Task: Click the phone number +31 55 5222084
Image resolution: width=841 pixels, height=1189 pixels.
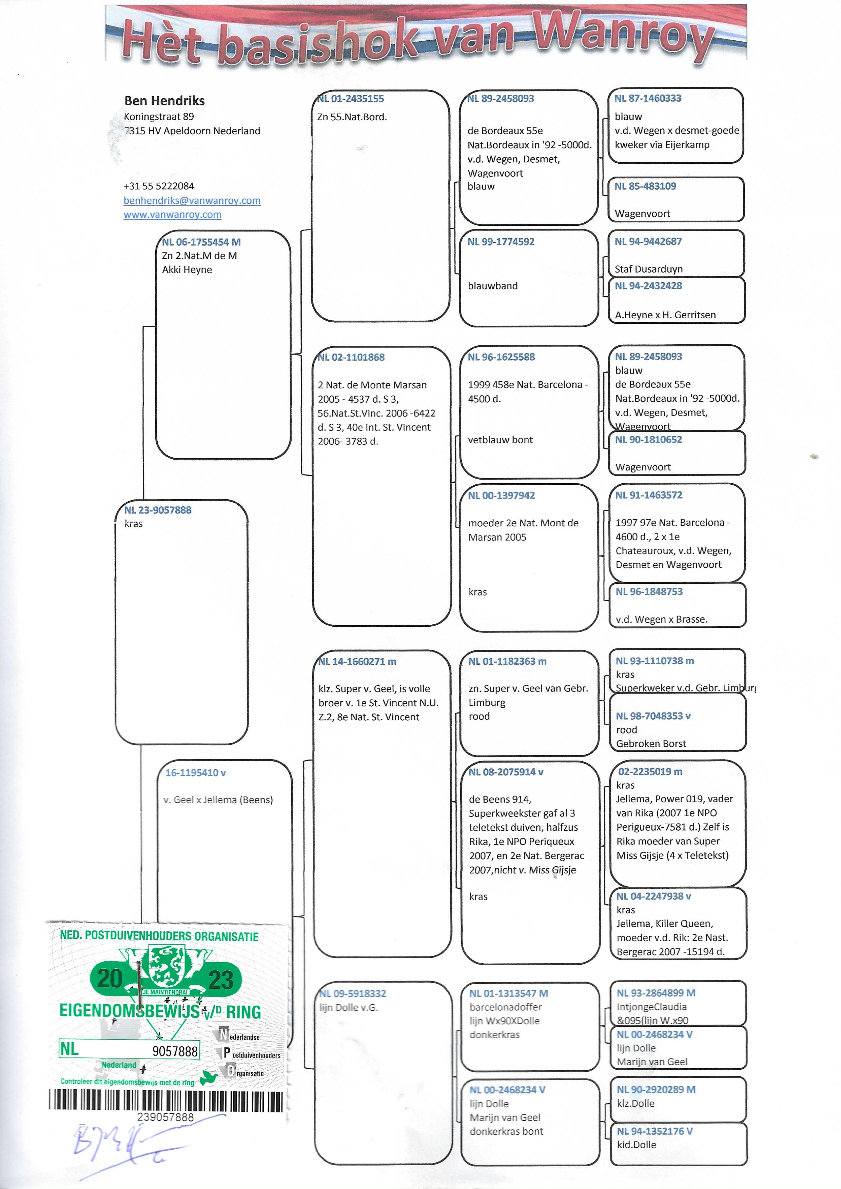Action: tap(159, 186)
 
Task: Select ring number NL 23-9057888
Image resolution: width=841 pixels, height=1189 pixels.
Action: tap(158, 510)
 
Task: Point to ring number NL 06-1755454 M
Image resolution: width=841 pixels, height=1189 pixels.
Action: tap(201, 242)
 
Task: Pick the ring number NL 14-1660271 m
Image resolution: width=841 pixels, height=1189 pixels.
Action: tap(357, 662)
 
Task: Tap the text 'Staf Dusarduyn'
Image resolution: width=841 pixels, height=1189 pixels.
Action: tap(648, 269)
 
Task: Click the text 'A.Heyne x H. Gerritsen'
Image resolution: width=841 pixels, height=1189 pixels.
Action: tap(665, 315)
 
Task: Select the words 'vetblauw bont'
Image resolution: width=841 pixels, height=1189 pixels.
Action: tap(500, 440)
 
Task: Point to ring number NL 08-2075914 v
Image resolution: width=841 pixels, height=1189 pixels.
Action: tap(506, 772)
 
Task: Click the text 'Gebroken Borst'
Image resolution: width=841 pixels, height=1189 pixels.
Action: tap(651, 744)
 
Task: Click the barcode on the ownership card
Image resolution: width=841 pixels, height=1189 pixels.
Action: tap(166, 1101)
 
